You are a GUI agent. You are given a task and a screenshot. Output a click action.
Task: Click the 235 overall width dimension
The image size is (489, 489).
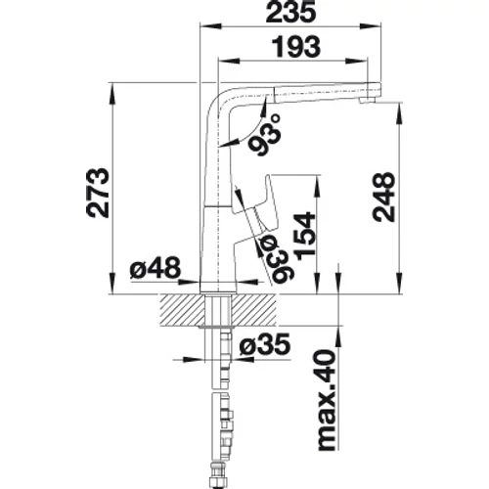coord(290,13)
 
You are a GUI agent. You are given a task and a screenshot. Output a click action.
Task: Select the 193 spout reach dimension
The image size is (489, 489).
coord(296,47)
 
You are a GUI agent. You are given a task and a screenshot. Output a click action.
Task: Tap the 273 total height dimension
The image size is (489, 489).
coord(98,193)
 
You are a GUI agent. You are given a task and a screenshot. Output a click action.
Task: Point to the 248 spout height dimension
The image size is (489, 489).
coord(384,198)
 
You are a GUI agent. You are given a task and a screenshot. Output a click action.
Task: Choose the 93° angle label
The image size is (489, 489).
coord(265,135)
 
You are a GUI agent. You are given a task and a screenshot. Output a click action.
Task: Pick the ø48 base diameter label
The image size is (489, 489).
coord(156,268)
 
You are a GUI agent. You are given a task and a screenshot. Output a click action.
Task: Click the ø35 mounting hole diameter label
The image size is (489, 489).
coord(264,344)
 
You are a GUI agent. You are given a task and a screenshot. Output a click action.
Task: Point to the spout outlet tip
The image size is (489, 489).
coord(366,101)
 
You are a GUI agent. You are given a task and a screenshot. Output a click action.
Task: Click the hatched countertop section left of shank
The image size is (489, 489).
coord(183,310)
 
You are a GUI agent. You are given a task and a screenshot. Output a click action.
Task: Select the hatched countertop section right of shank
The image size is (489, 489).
coord(254,310)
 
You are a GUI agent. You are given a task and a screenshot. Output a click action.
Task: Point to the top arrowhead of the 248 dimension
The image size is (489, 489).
coord(398,113)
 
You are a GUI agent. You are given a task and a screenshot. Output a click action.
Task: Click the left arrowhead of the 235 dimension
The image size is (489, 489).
coord(210,27)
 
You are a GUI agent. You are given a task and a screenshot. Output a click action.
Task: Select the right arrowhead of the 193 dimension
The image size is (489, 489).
coord(356,61)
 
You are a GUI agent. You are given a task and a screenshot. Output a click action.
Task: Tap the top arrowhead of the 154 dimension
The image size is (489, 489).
coord(317,186)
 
